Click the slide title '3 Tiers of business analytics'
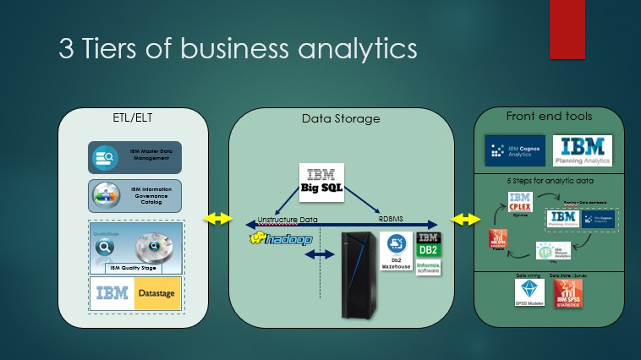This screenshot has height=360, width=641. pos(238,47)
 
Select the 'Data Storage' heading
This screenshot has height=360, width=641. pos(341,118)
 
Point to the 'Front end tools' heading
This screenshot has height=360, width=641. pos(549,116)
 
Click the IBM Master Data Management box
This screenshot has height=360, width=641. pos(135,156)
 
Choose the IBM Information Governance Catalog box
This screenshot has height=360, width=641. pos(135,195)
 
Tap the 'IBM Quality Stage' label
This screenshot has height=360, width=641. pos(134,268)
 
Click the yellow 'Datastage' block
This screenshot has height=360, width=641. pos(158,293)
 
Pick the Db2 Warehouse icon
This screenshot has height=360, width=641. pos(395,251)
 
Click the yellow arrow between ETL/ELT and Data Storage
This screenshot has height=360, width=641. pos(218,218)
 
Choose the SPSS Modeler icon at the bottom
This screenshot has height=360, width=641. pos(529,292)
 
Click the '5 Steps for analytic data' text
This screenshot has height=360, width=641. pos(548,180)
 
